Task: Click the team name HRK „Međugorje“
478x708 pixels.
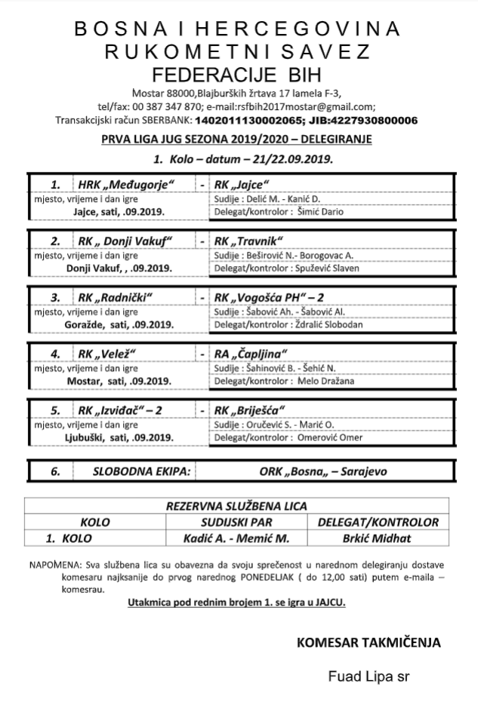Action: coord(127,185)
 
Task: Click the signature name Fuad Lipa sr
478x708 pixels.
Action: coord(369,676)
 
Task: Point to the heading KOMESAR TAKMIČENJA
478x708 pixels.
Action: coord(369,642)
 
